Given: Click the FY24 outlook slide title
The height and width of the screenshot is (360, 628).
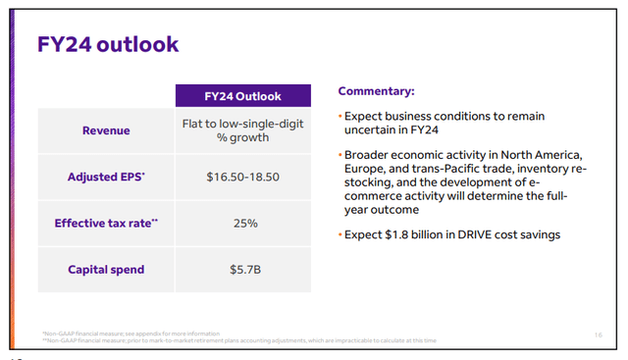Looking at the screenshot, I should tap(107, 45).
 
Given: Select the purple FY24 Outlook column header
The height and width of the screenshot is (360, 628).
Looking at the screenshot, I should tap(242, 96).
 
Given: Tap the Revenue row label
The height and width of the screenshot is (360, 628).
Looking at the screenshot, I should tap(107, 130).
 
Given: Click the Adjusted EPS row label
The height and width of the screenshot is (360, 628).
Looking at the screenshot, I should tap(107, 177).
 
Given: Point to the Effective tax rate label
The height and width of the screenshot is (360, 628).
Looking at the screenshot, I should tap(107, 223).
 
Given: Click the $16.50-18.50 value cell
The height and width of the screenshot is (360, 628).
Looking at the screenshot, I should tap(242, 177).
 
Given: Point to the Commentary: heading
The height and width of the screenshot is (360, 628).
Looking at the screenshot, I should tap(377, 91).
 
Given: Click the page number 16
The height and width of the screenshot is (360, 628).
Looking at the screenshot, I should tap(599, 334).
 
